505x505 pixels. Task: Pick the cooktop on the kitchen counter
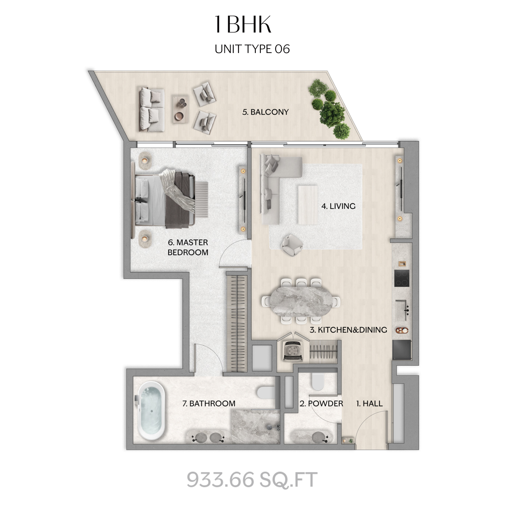[x=402, y=278]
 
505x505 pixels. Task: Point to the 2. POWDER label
[x=321, y=403]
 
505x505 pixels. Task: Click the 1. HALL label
[x=369, y=403]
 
